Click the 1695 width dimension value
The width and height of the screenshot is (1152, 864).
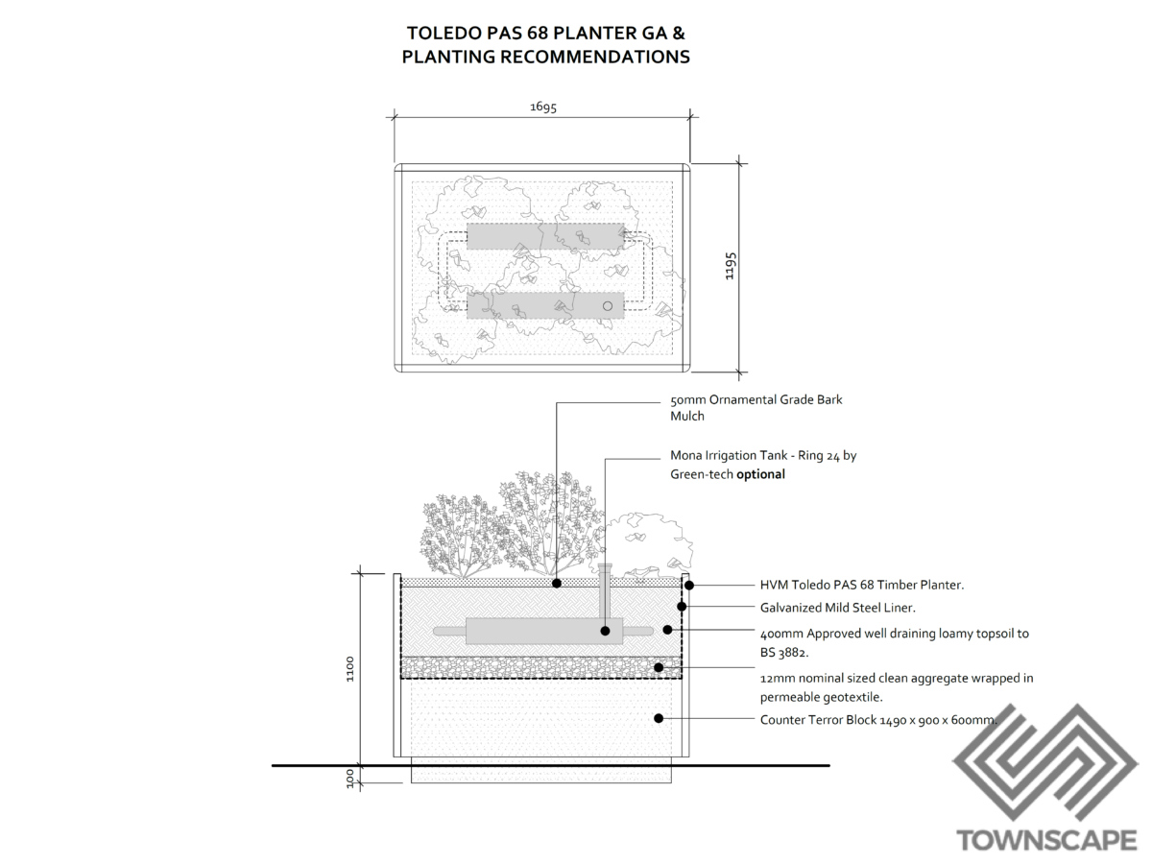coord(543,108)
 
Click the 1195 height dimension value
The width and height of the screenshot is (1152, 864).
coord(731,266)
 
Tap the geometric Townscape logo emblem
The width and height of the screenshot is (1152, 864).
coord(1044,764)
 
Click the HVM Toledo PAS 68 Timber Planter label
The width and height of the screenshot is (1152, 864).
coord(861,585)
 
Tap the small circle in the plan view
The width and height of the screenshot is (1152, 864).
coord(607,305)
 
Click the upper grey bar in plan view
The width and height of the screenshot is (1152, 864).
coord(544,236)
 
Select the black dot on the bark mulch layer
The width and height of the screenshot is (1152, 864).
coord(557,583)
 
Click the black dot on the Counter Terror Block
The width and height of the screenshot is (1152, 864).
coord(659,718)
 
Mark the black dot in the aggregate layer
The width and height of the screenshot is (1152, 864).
coord(659,666)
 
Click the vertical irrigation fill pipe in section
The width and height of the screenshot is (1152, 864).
coord(605,593)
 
